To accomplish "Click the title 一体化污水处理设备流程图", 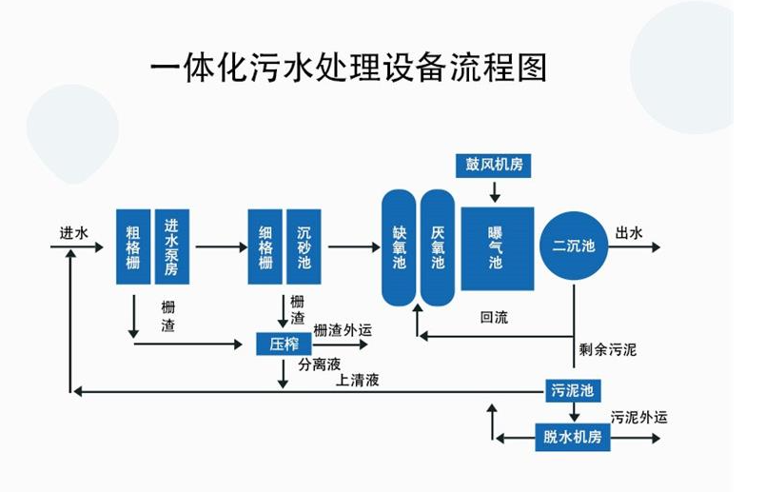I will [349, 68].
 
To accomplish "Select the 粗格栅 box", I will [133, 246].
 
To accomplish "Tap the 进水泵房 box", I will [171, 246].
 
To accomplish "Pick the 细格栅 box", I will [265, 246].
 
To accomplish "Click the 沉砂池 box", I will [304, 246].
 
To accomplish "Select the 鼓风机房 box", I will [494, 165].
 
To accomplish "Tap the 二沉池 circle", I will [574, 246].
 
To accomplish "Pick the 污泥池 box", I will [573, 390].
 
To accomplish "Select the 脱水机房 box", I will [573, 438].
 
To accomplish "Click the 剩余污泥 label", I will [607, 349].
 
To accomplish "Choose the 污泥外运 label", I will [638, 417].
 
